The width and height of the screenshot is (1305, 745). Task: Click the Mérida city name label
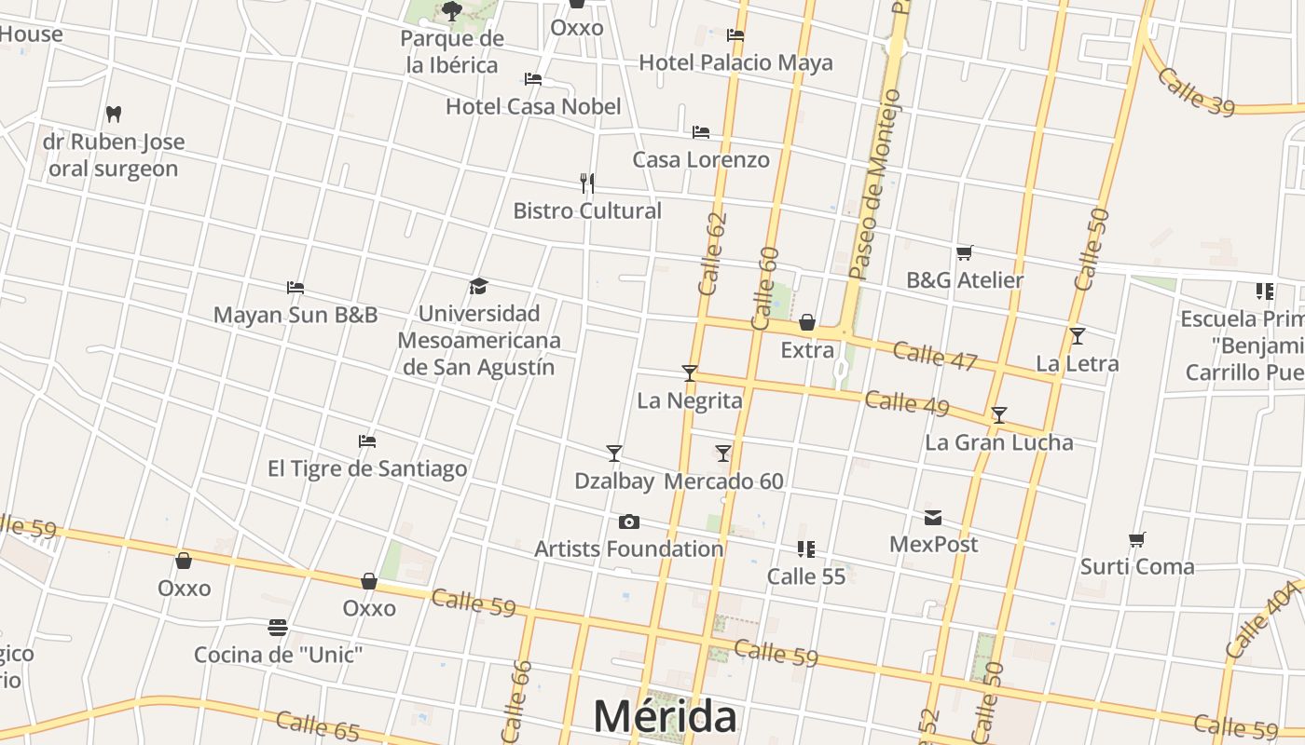pyautogui.click(x=665, y=716)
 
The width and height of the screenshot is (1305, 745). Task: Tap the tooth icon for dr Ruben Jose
pyautogui.click(x=114, y=114)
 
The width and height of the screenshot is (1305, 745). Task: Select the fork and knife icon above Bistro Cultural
pyautogui.click(x=587, y=183)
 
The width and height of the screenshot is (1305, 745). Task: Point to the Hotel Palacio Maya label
pyautogui.click(x=735, y=62)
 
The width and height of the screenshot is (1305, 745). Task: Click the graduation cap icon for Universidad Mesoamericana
pyautogui.click(x=479, y=286)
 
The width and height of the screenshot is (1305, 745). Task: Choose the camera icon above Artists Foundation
pyautogui.click(x=629, y=521)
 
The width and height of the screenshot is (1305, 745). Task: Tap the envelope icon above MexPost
pyautogui.click(x=933, y=518)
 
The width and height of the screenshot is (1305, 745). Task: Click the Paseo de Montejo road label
pyautogui.click(x=876, y=184)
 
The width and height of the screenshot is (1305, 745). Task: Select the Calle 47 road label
pyautogui.click(x=934, y=357)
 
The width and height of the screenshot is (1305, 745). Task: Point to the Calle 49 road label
pyautogui.click(x=907, y=403)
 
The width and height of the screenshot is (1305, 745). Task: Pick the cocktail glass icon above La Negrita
pyautogui.click(x=690, y=373)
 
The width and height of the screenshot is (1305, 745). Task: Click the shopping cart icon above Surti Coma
pyautogui.click(x=1137, y=539)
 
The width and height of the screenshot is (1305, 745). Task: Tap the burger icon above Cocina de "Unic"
pyautogui.click(x=277, y=628)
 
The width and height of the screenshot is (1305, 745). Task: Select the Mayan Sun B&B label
pyautogui.click(x=295, y=315)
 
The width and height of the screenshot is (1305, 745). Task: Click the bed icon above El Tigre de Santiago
pyautogui.click(x=367, y=440)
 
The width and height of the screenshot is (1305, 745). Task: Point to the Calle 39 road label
pyautogui.click(x=1196, y=91)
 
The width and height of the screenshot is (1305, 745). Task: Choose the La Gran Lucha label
pyautogui.click(x=998, y=442)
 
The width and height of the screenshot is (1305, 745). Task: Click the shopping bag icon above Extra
pyautogui.click(x=807, y=323)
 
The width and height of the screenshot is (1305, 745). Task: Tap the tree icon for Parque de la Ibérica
pyautogui.click(x=452, y=11)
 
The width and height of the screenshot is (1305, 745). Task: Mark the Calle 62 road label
pyautogui.click(x=713, y=254)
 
